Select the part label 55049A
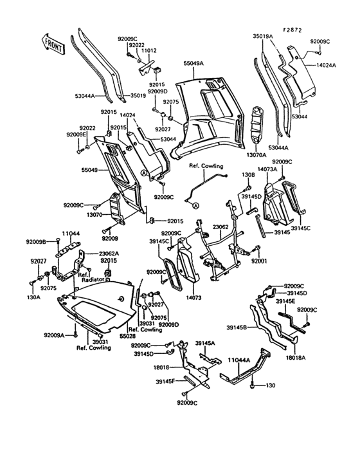tap(193, 64)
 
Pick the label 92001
tap(258, 262)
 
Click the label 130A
tap(33, 297)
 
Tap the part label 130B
tap(248, 174)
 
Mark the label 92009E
tap(76, 134)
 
